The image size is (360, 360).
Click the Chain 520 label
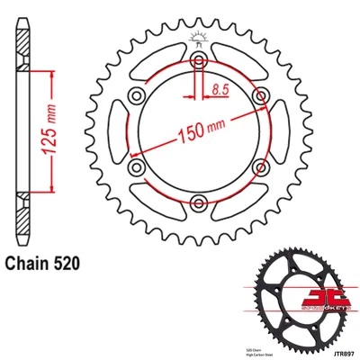(47, 265)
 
